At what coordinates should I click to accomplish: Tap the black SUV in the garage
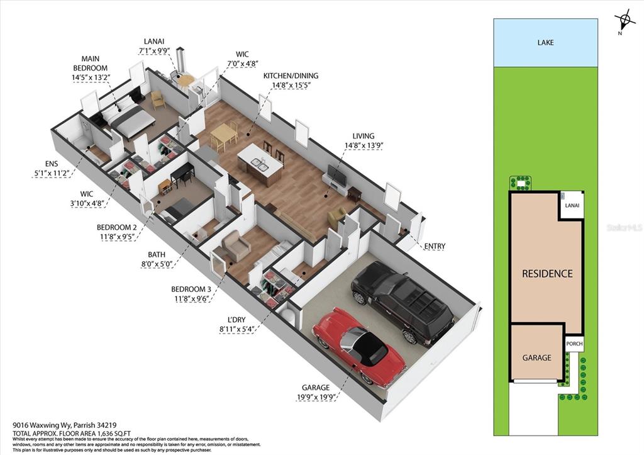tap(402, 301)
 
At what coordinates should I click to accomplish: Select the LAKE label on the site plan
tap(545, 42)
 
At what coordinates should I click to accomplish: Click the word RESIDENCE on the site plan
tap(547, 273)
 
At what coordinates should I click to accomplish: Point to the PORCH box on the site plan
tap(574, 344)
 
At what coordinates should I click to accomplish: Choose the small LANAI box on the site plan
tap(572, 205)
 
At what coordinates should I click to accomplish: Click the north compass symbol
tap(623, 21)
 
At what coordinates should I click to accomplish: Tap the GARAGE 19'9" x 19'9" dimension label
tap(316, 392)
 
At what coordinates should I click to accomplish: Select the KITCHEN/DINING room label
tap(291, 80)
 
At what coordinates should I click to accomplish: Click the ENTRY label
tap(435, 246)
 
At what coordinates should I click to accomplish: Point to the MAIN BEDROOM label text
tap(91, 64)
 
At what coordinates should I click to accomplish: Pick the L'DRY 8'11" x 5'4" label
tap(236, 324)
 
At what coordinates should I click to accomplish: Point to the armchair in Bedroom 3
tap(236, 246)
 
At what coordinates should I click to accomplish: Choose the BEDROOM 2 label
tap(116, 232)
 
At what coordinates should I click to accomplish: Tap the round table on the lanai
tap(186, 80)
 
